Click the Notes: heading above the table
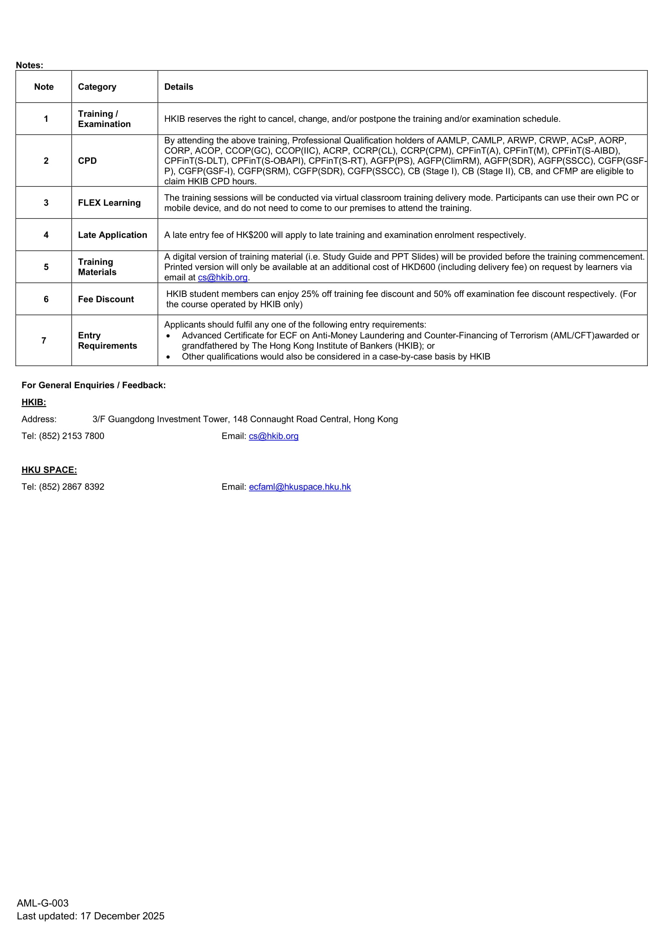[x=29, y=65]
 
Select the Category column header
[x=97, y=87]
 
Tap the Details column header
[x=179, y=87]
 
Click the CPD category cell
[x=87, y=161]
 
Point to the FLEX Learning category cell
[x=109, y=203]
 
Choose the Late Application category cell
[x=112, y=235]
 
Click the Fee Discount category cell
[x=106, y=299]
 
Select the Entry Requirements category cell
[x=107, y=340]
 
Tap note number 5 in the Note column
[x=46, y=267]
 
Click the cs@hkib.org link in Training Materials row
[x=223, y=277]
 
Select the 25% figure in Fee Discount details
[x=310, y=294]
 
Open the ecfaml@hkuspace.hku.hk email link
[x=300, y=486]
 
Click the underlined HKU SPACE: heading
[x=49, y=470]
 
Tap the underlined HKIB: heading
[x=34, y=402]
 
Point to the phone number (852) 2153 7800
[x=71, y=436]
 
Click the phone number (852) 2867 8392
[x=71, y=486]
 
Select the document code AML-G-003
[x=43, y=903]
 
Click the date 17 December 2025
[x=122, y=916]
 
